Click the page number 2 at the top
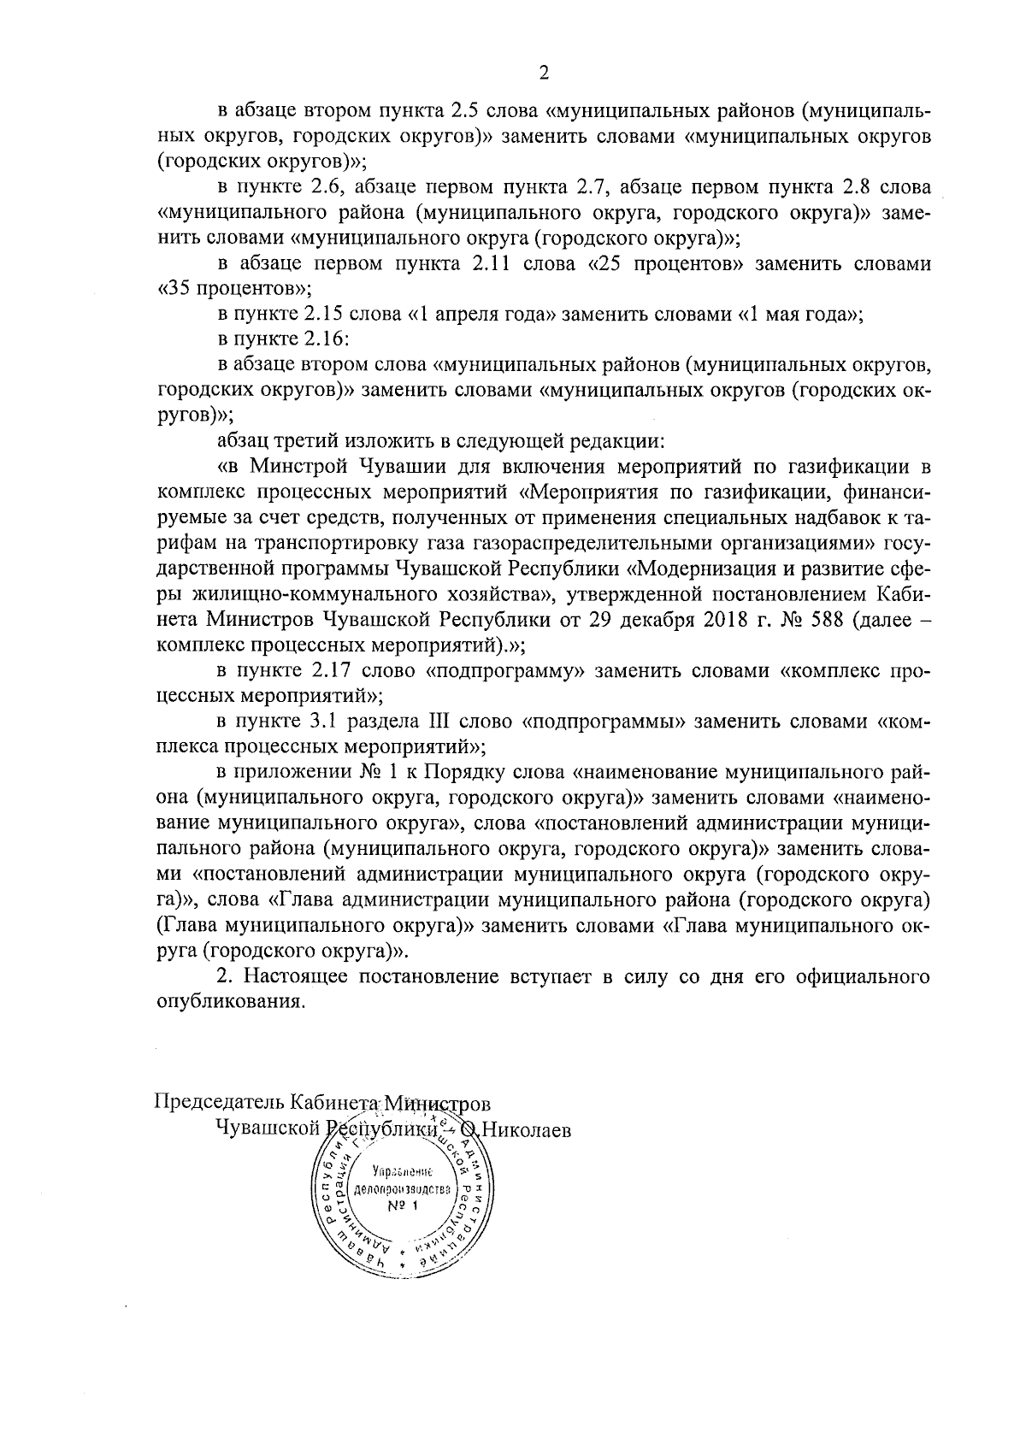[x=544, y=73]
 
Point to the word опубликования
[x=231, y=1001]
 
